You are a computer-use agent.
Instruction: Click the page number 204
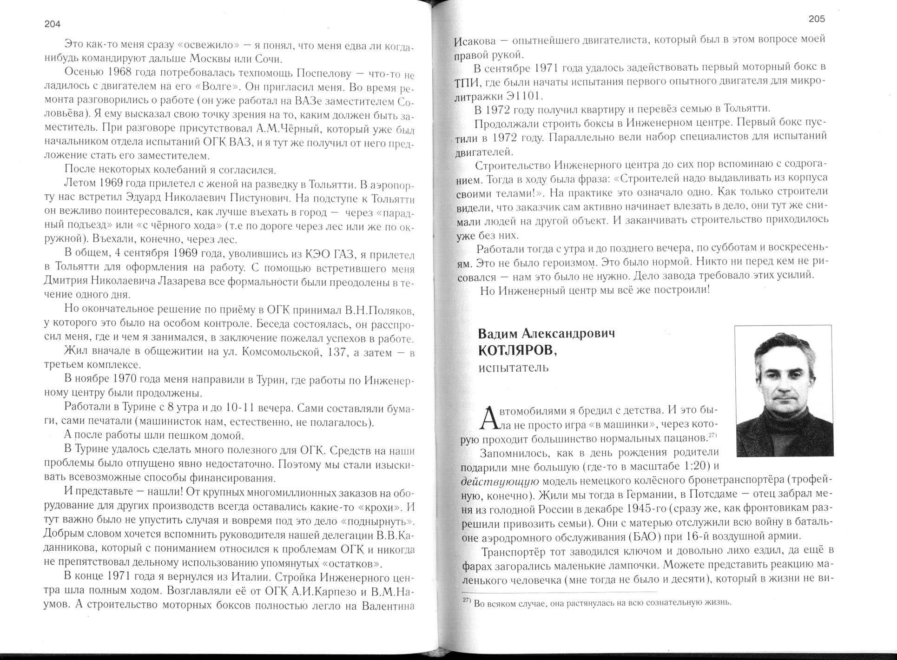click(53, 25)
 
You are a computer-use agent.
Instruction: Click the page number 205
click(817, 19)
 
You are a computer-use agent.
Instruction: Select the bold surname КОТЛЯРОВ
click(517, 351)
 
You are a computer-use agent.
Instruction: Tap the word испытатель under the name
click(514, 368)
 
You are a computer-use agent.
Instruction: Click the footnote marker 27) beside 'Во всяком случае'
click(468, 601)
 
